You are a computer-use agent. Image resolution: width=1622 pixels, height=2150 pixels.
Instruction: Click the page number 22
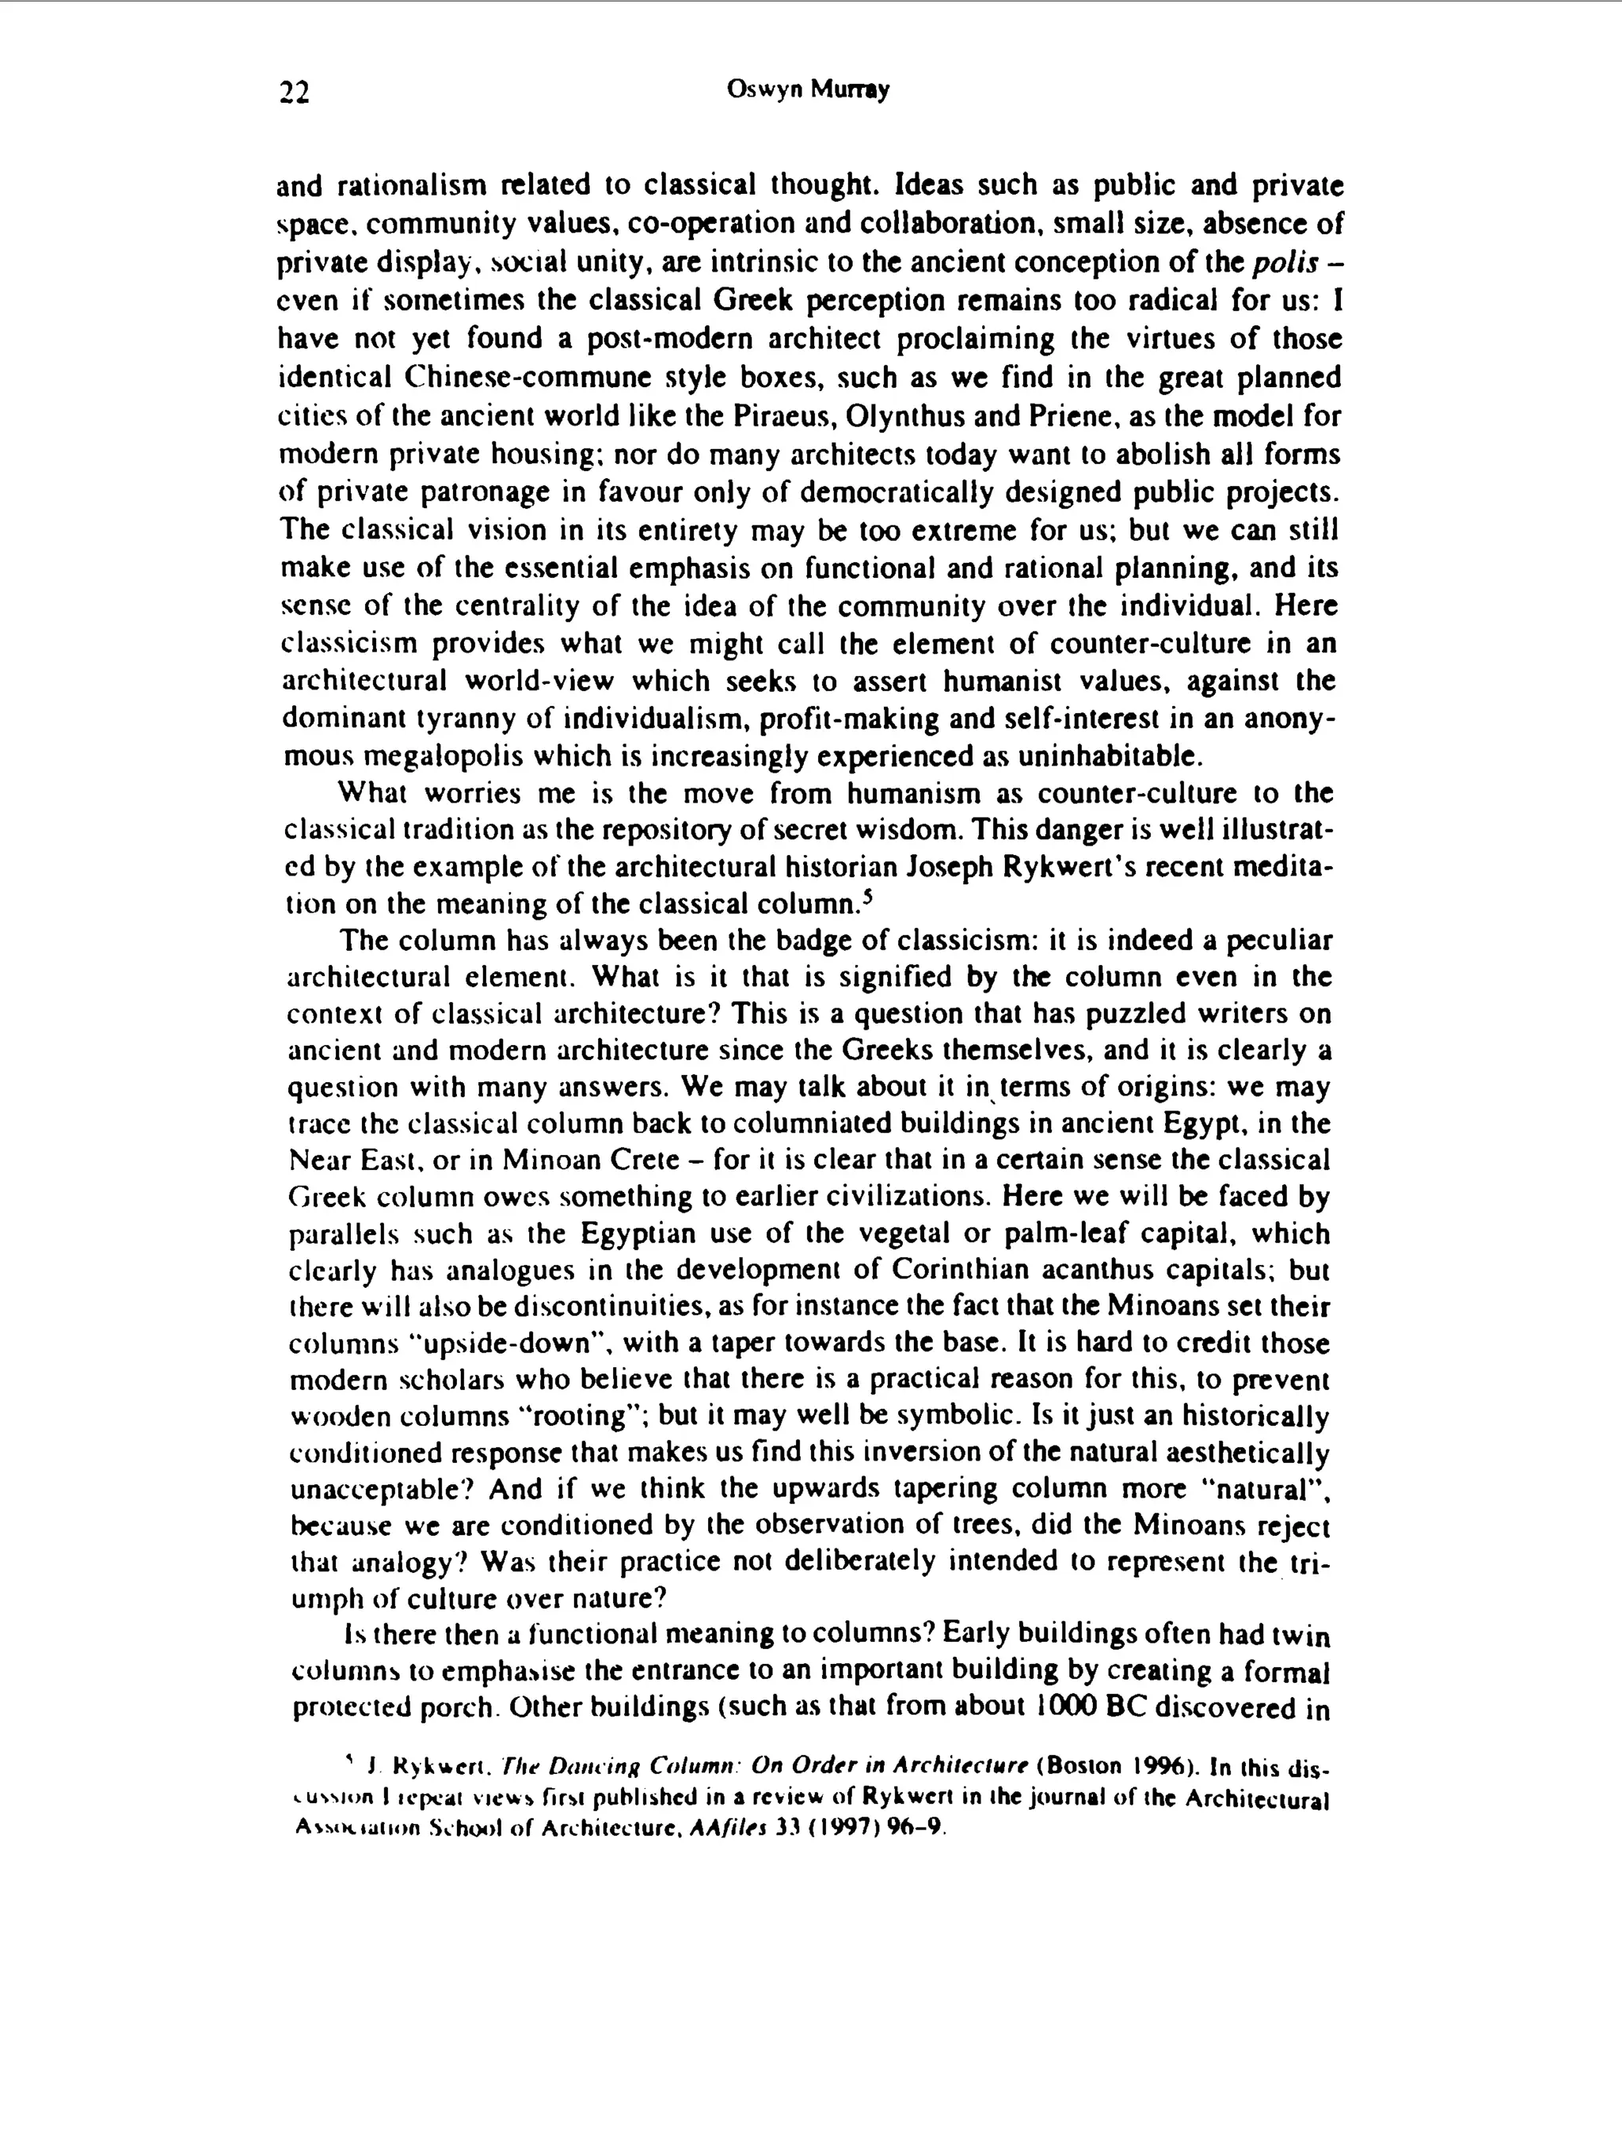pos(294,93)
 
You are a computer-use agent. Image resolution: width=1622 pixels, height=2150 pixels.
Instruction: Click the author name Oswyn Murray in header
pos(807,90)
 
